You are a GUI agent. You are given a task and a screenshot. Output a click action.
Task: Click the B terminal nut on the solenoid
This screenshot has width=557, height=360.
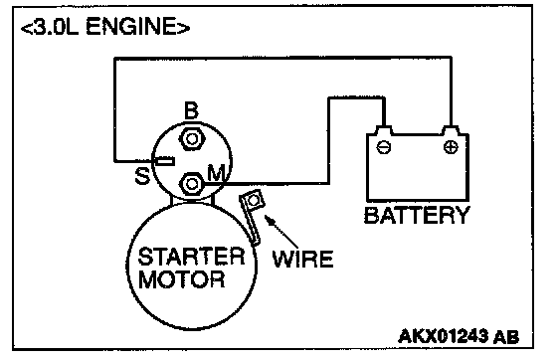[192, 138]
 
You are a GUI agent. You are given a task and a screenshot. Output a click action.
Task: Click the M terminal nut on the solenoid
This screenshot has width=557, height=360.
[192, 184]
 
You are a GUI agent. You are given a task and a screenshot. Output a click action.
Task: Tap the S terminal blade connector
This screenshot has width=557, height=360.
[165, 162]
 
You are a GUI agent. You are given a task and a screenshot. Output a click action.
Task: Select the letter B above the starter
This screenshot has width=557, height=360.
[191, 110]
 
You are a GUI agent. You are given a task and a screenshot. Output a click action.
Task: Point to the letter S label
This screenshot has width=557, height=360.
[142, 175]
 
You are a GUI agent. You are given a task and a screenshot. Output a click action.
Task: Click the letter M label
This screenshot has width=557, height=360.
[216, 173]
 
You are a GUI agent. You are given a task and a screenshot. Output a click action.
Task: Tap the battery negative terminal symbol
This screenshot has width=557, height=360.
[384, 146]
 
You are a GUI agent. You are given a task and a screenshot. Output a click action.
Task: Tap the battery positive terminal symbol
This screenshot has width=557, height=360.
[451, 146]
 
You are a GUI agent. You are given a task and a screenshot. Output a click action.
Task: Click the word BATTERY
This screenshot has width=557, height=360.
[417, 215]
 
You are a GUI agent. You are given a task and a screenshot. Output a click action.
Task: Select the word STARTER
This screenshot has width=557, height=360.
[191, 257]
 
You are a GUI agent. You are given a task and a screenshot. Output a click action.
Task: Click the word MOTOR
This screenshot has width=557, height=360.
[181, 279]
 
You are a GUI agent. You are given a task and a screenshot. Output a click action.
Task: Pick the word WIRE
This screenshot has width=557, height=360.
[302, 259]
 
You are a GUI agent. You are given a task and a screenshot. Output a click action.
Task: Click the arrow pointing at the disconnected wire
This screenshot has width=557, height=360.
[281, 232]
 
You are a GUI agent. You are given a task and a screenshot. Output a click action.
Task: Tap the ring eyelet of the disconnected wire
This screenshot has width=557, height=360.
[253, 201]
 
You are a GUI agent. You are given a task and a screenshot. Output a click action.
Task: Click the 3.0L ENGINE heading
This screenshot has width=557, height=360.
[105, 26]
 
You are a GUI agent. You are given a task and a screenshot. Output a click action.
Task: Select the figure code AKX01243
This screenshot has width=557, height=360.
[444, 335]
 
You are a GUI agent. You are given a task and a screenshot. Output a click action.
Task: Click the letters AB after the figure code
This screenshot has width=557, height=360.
[506, 336]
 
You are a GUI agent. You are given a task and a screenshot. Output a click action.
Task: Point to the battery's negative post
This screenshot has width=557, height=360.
[384, 130]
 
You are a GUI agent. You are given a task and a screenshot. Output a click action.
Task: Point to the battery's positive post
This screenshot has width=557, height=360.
[451, 130]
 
